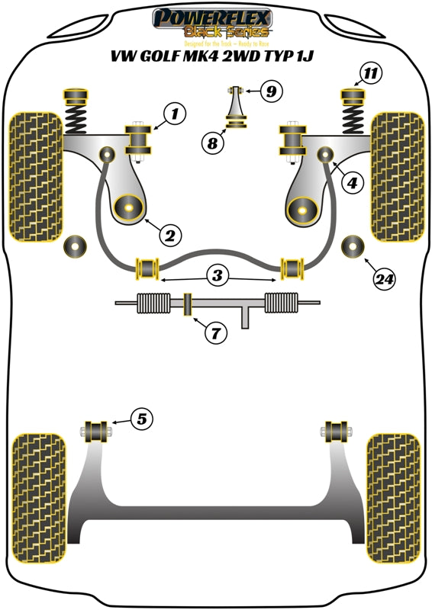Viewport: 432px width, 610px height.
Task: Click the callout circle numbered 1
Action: (174, 115)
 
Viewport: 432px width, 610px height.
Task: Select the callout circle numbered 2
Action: (170, 233)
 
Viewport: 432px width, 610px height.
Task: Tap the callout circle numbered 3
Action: (218, 274)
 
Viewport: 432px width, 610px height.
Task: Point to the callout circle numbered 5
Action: (142, 418)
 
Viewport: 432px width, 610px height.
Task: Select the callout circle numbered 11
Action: (371, 74)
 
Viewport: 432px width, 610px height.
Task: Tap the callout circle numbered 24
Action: (385, 279)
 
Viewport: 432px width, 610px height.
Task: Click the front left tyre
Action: (35, 176)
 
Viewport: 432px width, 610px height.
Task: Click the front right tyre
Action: (396, 176)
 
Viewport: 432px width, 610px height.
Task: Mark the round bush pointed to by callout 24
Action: (354, 246)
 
